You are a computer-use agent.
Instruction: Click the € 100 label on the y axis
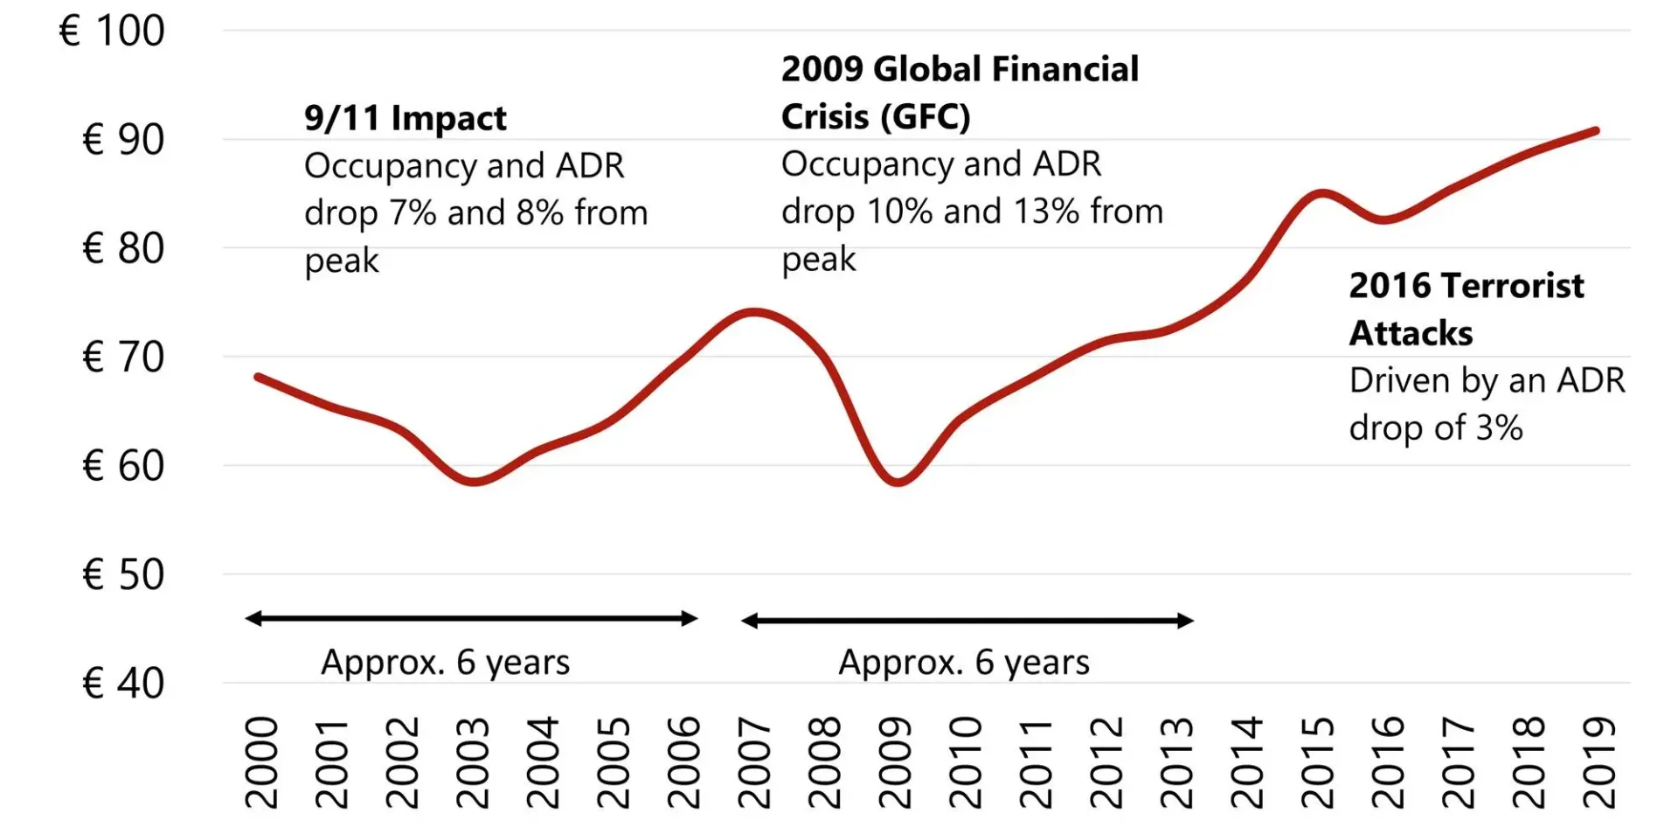(112, 31)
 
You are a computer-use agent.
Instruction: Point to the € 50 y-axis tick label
(123, 575)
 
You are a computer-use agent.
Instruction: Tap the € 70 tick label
(123, 358)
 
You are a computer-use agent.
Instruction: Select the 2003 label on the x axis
(473, 762)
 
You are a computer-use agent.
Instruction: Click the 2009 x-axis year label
(895, 762)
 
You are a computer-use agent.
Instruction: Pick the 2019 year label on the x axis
(1599, 762)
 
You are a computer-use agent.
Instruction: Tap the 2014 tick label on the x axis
(1247, 762)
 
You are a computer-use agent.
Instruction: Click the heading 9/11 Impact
(405, 118)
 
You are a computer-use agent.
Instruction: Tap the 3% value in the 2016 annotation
(1499, 428)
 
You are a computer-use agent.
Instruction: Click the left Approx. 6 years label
(445, 663)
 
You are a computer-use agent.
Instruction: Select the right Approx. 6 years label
(964, 663)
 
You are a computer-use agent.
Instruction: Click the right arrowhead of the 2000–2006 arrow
(690, 619)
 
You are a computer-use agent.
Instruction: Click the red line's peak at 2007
(753, 311)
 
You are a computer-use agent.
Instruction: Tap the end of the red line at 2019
(1597, 131)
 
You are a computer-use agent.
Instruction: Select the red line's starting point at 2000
(258, 377)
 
